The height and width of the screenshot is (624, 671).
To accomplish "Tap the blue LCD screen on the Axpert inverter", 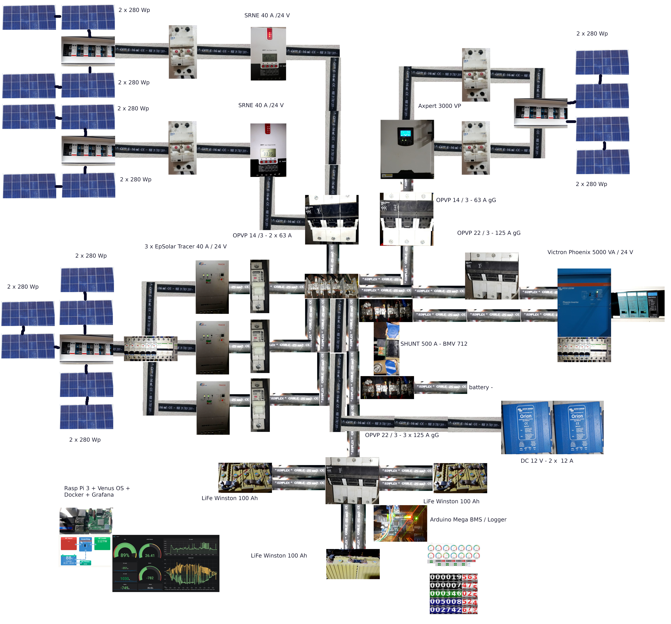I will coord(405,133).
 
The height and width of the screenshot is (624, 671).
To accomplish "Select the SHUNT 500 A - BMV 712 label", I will coord(434,344).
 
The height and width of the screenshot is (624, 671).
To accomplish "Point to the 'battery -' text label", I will coord(481,387).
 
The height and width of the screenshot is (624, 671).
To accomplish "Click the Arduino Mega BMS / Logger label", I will coord(468,519).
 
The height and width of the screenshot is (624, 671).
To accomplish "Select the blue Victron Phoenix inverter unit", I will coord(584,302).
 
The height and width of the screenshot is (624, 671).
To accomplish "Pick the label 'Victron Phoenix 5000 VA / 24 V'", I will coord(590,252).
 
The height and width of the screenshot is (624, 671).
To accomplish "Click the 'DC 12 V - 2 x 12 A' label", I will coord(547,461).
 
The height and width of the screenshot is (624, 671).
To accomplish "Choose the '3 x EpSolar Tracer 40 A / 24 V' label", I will coord(186,246).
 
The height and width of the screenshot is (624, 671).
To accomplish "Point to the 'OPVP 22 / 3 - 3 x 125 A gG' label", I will coord(402,435).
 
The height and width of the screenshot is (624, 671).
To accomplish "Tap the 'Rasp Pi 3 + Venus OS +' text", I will coord(97,488).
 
